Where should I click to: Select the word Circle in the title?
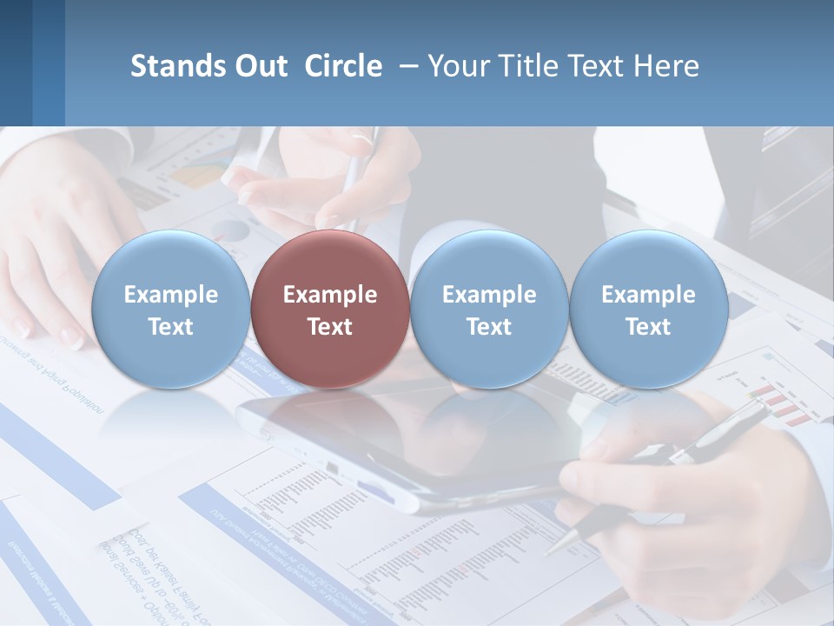click(343, 66)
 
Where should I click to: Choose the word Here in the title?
click(665, 66)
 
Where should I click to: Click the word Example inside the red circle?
click(329, 295)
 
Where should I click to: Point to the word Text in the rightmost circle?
click(648, 327)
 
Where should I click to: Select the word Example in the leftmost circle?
click(170, 295)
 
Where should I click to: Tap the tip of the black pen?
click(549, 550)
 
